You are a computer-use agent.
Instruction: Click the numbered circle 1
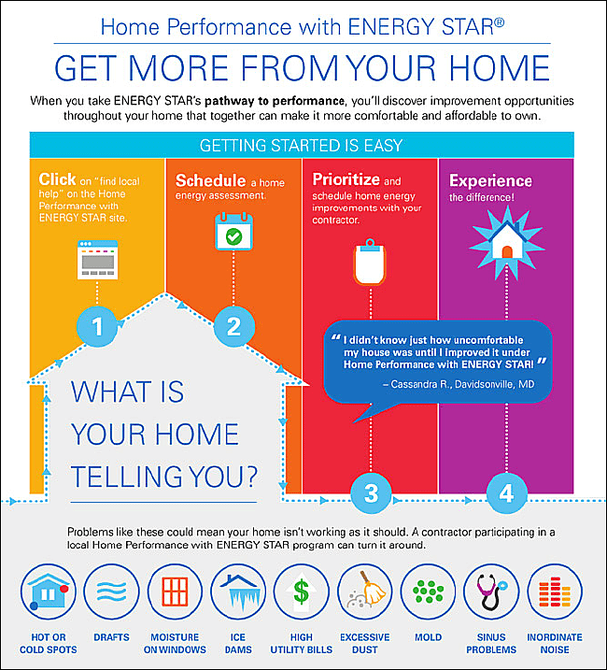[96, 327]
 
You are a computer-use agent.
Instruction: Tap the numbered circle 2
[233, 327]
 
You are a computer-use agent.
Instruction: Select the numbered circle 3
[370, 492]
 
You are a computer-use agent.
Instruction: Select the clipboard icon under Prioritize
[370, 264]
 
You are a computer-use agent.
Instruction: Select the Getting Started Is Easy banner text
[302, 146]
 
